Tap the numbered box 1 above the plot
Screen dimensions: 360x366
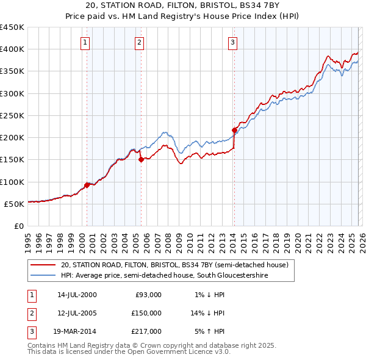(85, 42)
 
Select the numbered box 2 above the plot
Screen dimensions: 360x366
(140, 42)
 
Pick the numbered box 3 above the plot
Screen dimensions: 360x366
(232, 42)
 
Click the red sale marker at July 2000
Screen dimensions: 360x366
(87, 185)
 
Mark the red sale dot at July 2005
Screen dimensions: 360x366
(141, 160)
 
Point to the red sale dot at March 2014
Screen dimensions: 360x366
(234, 130)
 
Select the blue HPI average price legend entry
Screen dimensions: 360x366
(165, 276)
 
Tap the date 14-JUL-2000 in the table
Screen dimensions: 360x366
(76, 295)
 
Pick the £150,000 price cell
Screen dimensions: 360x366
(147, 313)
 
